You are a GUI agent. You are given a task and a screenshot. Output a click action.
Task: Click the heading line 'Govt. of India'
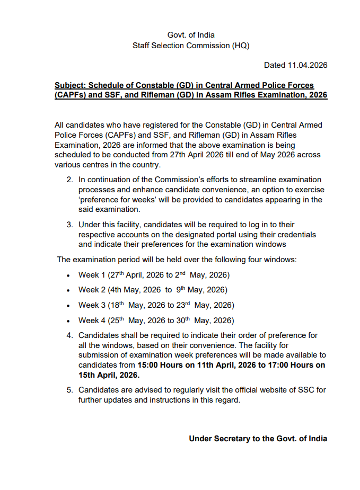[191, 35]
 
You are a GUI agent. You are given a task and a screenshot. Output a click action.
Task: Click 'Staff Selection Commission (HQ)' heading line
[191, 46]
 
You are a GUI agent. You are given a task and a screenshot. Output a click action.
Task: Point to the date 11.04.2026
[308, 66]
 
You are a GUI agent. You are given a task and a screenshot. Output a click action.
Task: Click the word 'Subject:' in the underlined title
[71, 85]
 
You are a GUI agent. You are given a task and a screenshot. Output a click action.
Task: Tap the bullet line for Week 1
[154, 275]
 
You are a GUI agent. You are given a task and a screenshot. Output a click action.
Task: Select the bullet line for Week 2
[153, 290]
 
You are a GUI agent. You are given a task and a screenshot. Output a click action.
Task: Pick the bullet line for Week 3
[156, 306]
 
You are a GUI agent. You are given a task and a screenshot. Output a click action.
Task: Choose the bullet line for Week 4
[156, 320]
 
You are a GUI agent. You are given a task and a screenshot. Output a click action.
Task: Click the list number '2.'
[70, 180]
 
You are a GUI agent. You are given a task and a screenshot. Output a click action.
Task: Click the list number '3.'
[70, 225]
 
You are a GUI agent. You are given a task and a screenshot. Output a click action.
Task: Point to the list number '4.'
[70, 335]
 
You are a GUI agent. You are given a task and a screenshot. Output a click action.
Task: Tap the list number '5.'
[70, 390]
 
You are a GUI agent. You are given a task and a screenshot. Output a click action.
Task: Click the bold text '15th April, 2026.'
[109, 375]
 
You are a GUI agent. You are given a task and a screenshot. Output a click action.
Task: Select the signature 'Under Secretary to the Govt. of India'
[258, 439]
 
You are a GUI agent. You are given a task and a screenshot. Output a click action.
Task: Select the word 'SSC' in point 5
[302, 390]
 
